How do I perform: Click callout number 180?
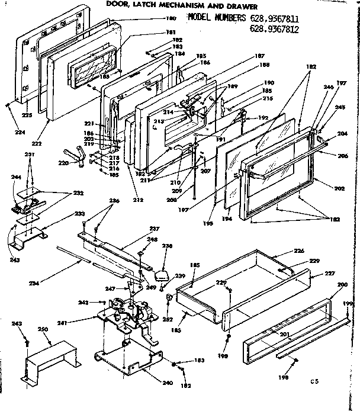[x=171, y=18]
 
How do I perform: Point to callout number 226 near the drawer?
[x=300, y=251]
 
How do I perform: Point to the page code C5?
[x=320, y=383]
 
